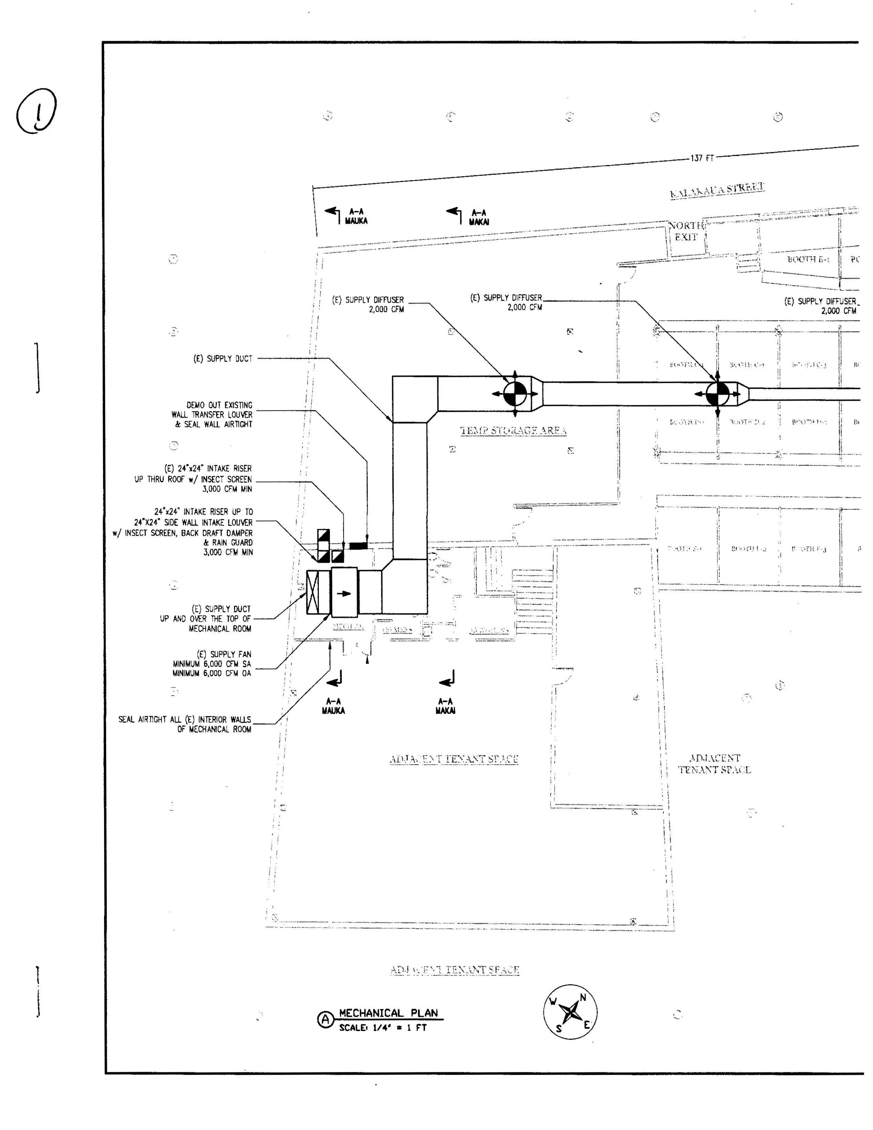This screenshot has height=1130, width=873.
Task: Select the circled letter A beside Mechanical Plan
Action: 325,1019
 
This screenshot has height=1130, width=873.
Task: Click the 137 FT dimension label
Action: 702,158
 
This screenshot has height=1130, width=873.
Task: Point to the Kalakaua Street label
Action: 717,190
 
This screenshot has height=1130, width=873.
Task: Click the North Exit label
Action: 686,231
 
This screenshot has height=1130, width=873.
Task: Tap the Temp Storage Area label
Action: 513,430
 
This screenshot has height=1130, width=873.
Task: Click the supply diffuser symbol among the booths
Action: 718,393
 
